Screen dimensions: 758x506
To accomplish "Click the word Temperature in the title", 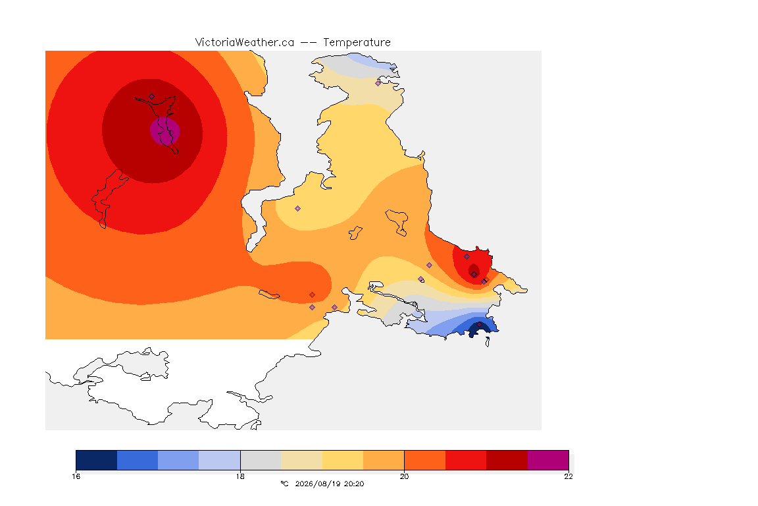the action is point(357,43).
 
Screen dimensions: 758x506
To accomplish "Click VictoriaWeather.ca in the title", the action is point(245,43).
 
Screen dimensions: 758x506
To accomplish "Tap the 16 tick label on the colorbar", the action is point(76,476).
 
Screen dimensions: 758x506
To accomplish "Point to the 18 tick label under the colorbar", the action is point(240,476).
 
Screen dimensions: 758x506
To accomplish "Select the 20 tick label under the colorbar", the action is point(404,476).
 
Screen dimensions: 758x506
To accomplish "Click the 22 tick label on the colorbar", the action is point(568,476).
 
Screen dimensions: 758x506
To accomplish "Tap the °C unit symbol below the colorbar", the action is point(284,484).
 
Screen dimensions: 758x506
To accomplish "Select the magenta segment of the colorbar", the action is point(548,460).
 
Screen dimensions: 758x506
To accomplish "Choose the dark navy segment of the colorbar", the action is point(97,460).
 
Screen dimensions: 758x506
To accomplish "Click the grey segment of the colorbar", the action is point(261,460).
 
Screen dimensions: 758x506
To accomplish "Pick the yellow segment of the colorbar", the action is point(343,460).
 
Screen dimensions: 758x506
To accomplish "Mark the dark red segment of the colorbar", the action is point(507,460).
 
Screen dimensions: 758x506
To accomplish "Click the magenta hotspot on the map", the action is point(165,130).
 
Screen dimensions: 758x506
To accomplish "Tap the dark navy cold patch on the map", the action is point(478,329).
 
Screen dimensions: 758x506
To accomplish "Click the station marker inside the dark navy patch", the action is point(480,324).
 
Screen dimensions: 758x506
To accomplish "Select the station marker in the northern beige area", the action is point(378,83).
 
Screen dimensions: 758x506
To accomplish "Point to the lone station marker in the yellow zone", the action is point(298,209).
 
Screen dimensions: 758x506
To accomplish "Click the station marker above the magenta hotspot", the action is point(152,97).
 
